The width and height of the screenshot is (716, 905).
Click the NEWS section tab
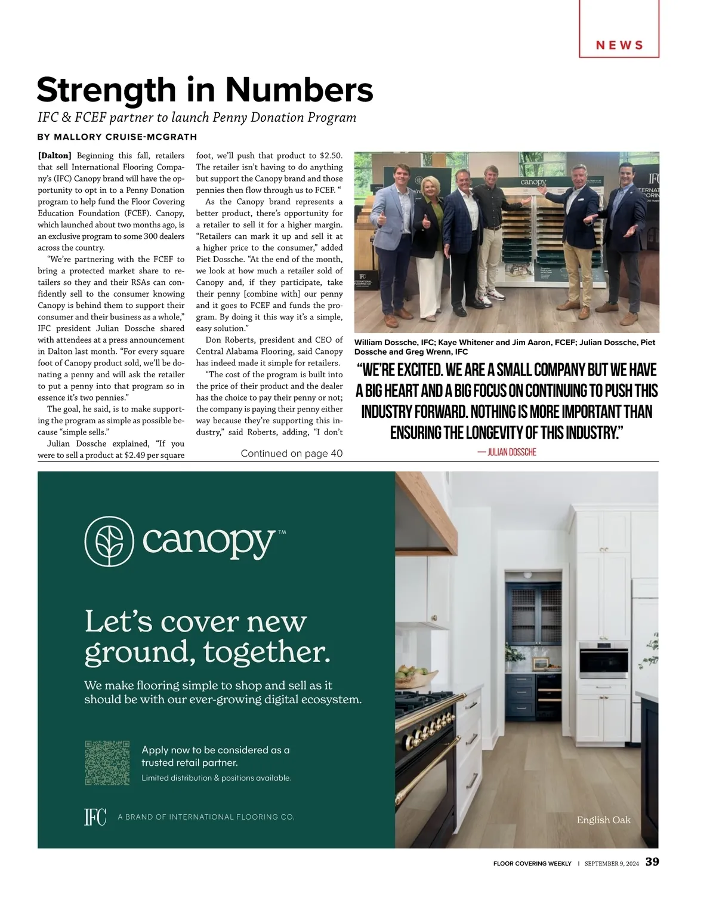(619, 45)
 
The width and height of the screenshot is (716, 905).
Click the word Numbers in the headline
(298, 90)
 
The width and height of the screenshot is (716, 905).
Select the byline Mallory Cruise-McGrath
(125, 137)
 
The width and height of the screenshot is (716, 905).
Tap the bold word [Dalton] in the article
(54, 156)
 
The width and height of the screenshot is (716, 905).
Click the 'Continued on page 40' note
(291, 454)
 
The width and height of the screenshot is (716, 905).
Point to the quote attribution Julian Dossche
(507, 452)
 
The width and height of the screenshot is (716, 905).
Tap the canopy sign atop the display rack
(533, 181)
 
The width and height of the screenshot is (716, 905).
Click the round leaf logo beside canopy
(109, 541)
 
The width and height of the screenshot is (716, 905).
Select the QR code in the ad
(107, 763)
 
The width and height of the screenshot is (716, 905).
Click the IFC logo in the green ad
(95, 817)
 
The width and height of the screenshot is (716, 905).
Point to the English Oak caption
(603, 820)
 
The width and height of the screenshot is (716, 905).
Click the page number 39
(652, 862)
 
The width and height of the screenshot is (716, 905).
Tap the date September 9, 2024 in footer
(611, 864)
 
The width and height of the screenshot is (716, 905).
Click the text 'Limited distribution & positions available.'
(217, 778)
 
